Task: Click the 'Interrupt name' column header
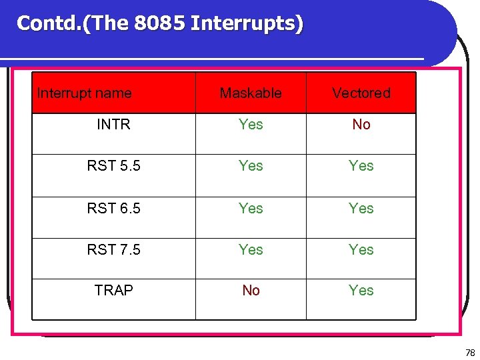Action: pos(84,93)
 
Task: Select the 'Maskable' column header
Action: pos(251,93)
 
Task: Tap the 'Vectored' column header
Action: pos(361,93)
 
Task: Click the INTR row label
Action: pos(113,125)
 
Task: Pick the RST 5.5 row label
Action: pos(113,166)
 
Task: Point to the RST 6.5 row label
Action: pos(113,209)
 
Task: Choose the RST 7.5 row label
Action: pos(113,250)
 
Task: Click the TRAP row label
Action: pos(113,291)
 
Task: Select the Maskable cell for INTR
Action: pos(251,125)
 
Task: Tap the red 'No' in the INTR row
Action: pos(361,125)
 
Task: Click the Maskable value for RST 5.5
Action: pos(251,166)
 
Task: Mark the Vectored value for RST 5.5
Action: pos(361,166)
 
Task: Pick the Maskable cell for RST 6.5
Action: pos(251,209)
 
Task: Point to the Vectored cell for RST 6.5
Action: pos(361,209)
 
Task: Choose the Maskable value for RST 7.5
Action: pos(251,250)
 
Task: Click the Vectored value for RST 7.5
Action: pos(361,250)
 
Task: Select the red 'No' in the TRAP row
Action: pos(251,291)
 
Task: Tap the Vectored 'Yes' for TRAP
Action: pos(361,291)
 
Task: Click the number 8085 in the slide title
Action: pos(159,23)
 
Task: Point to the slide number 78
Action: pos(470,352)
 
